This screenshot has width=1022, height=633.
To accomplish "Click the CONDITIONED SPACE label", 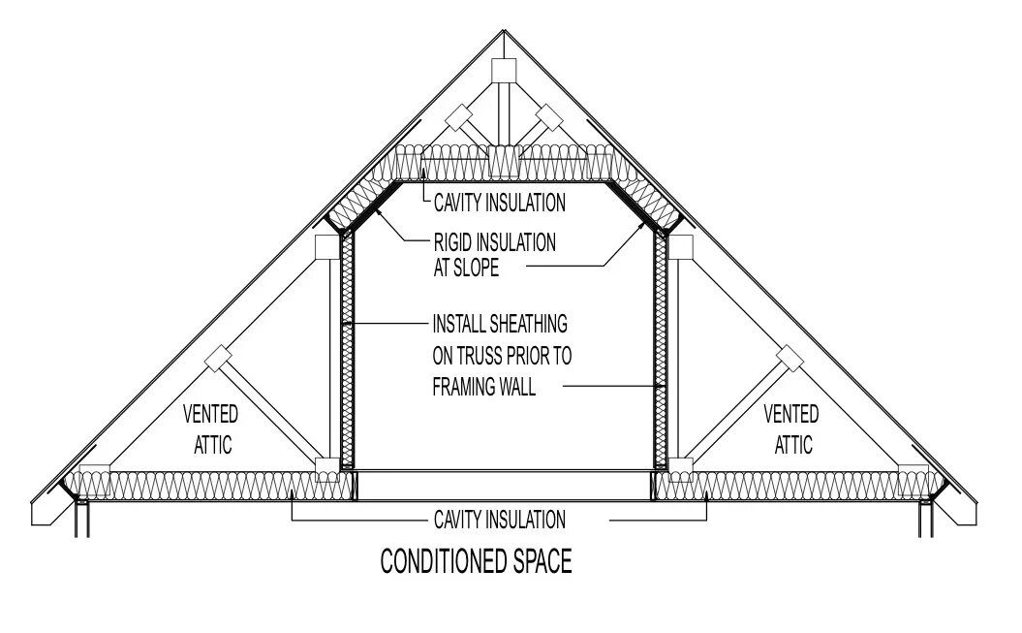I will pos(475,561).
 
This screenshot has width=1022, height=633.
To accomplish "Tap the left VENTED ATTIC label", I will pos(211,429).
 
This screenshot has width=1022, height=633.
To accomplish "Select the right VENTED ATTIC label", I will pos(790,429).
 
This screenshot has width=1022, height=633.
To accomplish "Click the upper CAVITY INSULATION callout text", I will pos(499,204).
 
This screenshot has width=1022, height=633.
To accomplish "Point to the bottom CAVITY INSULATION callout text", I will pos(499,520).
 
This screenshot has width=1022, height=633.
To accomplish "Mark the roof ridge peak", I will pos(504,31).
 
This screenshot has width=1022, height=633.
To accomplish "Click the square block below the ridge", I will pos(504,71).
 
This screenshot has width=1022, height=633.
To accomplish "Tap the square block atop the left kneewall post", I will pos(329,246).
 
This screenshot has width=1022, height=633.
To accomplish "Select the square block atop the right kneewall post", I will pos(680,246).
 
